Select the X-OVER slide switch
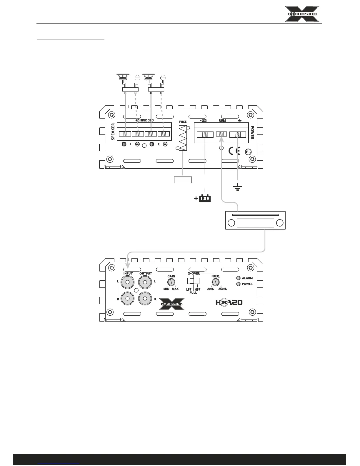click(x=193, y=281)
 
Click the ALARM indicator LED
click(x=239, y=278)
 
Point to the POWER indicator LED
click(x=239, y=284)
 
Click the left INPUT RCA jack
click(x=128, y=283)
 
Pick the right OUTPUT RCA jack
click(x=145, y=298)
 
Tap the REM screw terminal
click(x=221, y=134)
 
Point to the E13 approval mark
click(x=248, y=152)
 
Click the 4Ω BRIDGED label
click(x=145, y=120)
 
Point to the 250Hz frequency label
click(x=223, y=289)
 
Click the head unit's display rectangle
click(x=255, y=223)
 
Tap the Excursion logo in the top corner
click(x=302, y=14)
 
